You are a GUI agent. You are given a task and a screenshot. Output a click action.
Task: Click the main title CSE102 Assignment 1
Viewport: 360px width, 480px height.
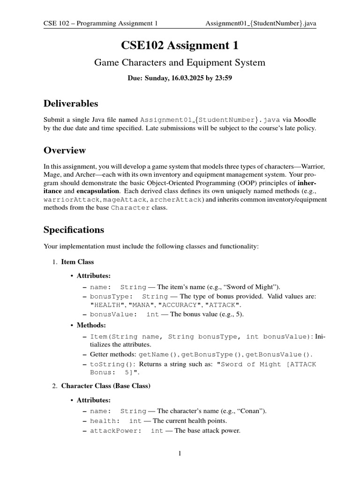pyautogui.click(x=180, y=45)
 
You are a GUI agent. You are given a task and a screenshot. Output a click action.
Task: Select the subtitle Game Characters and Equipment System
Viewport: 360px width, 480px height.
pyautogui.click(x=180, y=62)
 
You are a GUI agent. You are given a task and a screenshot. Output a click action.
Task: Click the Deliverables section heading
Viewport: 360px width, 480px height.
pyautogui.click(x=70, y=103)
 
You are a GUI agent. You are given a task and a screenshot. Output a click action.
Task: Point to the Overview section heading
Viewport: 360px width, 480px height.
pyautogui.click(x=65, y=150)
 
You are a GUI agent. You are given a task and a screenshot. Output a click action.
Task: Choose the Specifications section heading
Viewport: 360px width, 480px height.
pyautogui.click(x=74, y=230)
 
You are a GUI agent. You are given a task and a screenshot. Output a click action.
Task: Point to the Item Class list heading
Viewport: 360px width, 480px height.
pyautogui.click(x=77, y=262)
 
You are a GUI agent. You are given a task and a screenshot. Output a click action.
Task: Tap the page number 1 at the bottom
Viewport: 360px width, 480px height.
pyautogui.click(x=180, y=453)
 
